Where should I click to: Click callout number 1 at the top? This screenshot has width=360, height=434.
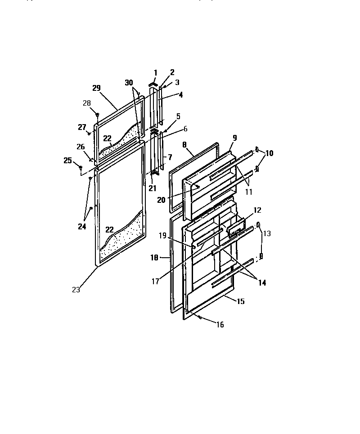[x=156, y=72]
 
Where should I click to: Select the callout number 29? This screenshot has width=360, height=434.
[x=96, y=88]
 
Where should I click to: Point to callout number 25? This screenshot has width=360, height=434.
[x=67, y=160]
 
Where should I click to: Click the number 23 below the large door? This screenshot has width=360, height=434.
[x=76, y=290]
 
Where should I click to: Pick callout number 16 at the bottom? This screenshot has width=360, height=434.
[x=219, y=325]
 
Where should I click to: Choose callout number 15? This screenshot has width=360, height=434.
[x=241, y=301]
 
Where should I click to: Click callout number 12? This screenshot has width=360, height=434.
[x=257, y=210]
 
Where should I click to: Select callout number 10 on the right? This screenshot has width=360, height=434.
[x=269, y=153]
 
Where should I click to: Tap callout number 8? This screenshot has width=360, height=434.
[x=184, y=145]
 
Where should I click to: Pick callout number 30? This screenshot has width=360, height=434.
[x=129, y=83]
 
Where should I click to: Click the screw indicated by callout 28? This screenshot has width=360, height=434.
[x=97, y=115]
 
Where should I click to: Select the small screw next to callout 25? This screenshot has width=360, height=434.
[x=81, y=168]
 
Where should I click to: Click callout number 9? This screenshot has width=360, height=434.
[x=234, y=138]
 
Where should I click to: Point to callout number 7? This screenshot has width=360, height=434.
[x=170, y=157]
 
